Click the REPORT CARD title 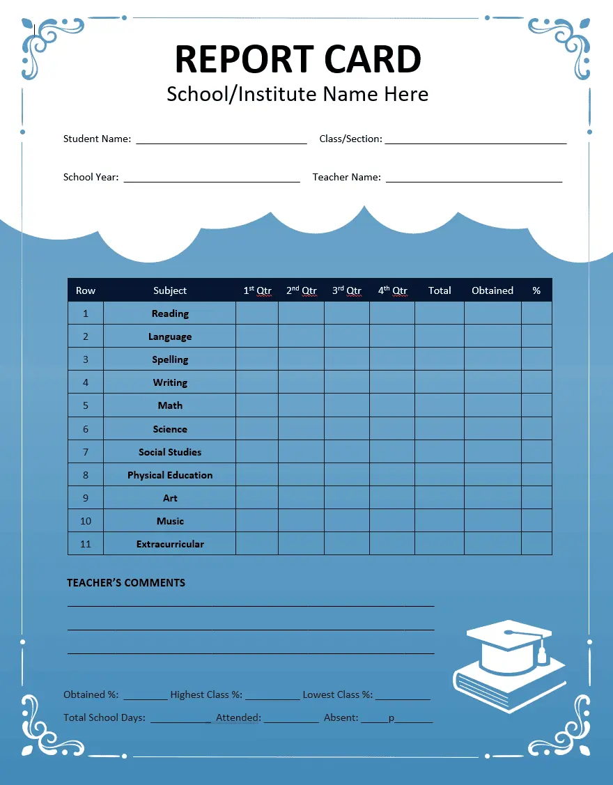(297, 59)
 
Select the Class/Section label (350, 139)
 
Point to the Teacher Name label (346, 177)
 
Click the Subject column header (170, 290)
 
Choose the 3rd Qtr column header (346, 290)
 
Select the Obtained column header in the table (492, 290)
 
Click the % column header (536, 290)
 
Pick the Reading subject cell (170, 313)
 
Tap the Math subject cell (170, 405)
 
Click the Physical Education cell (170, 475)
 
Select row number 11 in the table (86, 544)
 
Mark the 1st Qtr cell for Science (257, 429)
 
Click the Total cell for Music (440, 521)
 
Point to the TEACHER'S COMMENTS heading (126, 582)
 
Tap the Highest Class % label (205, 694)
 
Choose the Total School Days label (104, 717)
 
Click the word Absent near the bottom (341, 717)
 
